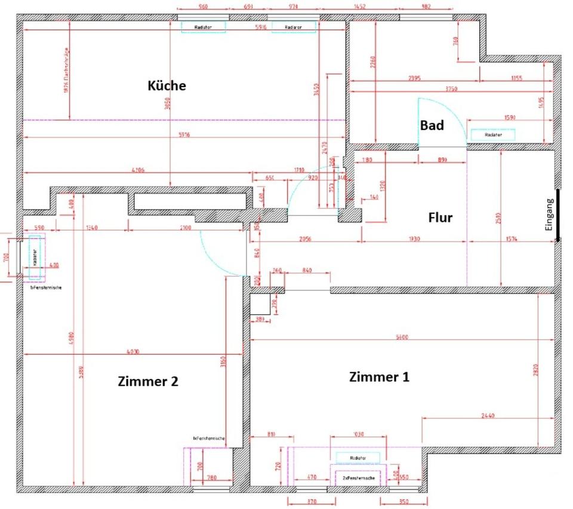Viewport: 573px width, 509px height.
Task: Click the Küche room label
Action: [x=167, y=86]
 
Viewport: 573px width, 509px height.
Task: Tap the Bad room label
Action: [x=432, y=125]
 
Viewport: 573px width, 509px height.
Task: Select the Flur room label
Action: [x=440, y=218]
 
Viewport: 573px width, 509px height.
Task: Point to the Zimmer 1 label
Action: [x=379, y=377]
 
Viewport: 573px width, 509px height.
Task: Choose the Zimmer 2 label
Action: [x=147, y=381]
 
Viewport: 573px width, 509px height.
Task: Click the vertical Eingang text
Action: [x=550, y=215]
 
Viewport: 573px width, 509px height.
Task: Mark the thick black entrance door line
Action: [x=559, y=215]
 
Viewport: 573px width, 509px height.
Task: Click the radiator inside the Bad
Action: [x=493, y=135]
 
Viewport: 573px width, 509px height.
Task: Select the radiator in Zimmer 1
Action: [x=358, y=458]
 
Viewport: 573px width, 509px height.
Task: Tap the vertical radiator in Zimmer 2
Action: [x=34, y=257]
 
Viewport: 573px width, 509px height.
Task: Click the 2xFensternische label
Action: [x=358, y=479]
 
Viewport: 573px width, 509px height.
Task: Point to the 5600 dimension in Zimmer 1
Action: [x=402, y=337]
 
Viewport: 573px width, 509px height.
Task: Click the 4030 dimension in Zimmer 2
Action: [x=133, y=352]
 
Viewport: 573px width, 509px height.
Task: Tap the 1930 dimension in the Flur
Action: [x=415, y=238]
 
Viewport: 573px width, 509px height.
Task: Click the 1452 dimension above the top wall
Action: [x=359, y=7]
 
